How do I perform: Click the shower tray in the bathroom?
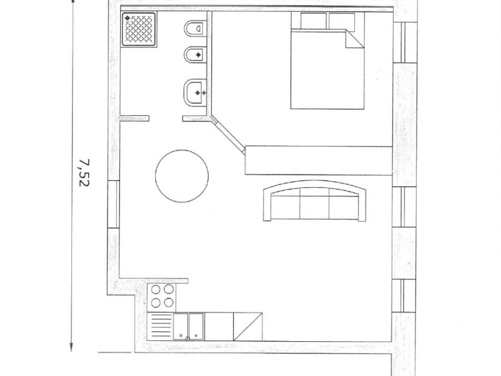pos(139,29)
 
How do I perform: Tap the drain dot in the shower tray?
pos(127,18)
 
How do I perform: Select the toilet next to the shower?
pos(195,28)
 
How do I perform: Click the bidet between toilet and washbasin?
pos(195,55)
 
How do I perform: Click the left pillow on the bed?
pos(313,21)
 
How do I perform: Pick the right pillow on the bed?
pos(342,22)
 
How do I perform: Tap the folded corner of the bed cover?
pos(355,40)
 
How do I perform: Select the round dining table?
pos(182,176)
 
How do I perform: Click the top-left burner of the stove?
pos(156,290)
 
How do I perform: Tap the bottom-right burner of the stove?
pos(169,303)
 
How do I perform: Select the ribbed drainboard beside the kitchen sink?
pos(160,327)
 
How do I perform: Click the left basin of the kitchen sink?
pos(181,327)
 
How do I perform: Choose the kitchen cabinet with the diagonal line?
pos(248,327)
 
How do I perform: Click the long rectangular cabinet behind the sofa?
pos(319,161)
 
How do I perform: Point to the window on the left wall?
pos(114,204)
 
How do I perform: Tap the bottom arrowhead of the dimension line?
pos(71,347)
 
